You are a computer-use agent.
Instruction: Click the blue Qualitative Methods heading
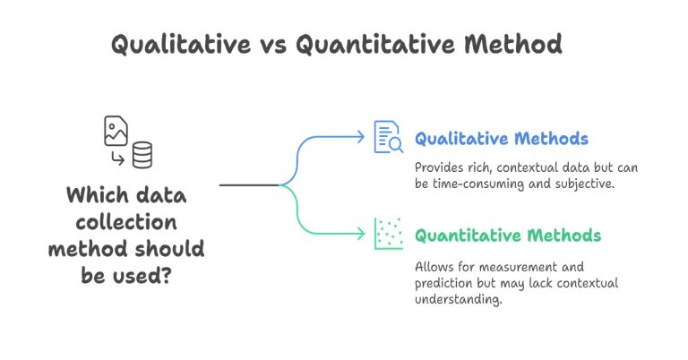[501, 139]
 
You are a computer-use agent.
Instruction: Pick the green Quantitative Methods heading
[507, 236]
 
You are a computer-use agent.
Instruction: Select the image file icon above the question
[116, 131]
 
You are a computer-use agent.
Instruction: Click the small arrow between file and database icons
[116, 159]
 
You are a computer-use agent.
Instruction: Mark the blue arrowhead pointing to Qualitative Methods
[361, 138]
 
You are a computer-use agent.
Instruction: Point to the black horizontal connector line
[249, 185]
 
